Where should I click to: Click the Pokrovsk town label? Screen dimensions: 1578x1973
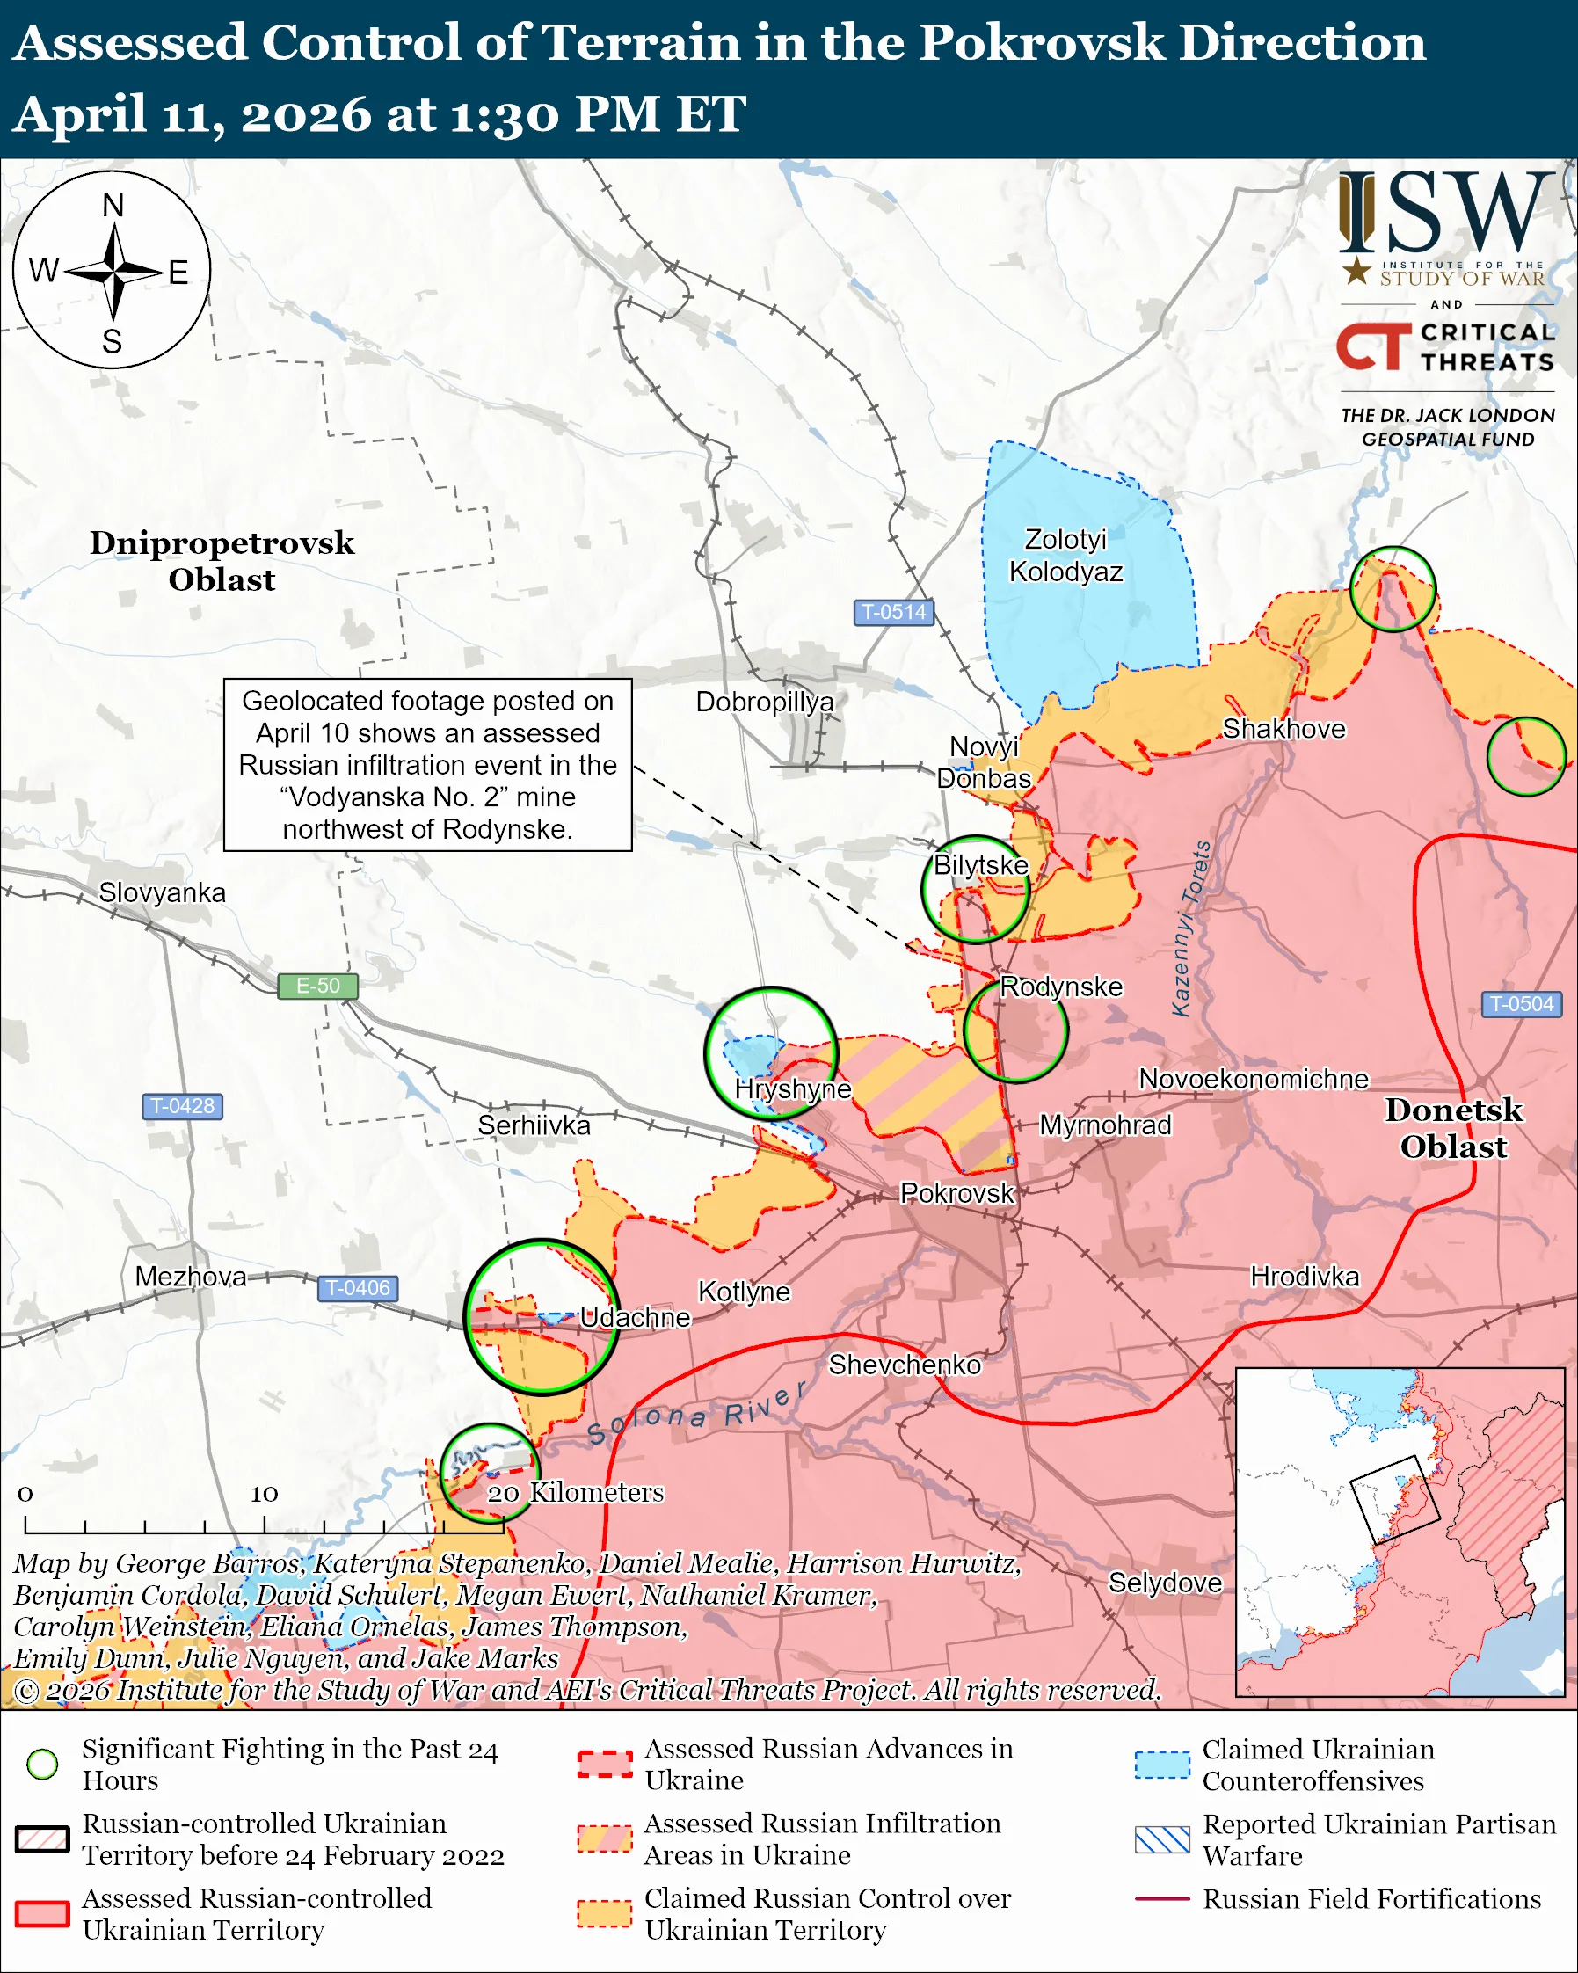(x=956, y=1193)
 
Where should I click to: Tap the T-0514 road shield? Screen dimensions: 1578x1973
(x=893, y=612)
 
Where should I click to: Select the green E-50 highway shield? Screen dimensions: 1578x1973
(x=317, y=986)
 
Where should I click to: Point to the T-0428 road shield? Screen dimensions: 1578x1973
(x=182, y=1105)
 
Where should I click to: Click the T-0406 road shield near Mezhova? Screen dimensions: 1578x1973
(x=358, y=1287)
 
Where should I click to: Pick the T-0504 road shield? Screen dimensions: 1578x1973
(x=1521, y=1004)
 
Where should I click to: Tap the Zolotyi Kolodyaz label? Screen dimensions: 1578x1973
(x=1065, y=556)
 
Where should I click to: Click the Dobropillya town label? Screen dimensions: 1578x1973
(x=765, y=702)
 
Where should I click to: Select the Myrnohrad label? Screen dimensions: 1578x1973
(x=1105, y=1125)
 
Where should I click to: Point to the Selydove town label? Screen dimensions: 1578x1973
(x=1165, y=1583)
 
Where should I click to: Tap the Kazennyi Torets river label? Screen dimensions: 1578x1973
(x=1192, y=928)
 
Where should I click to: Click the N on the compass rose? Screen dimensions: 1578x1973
(x=113, y=205)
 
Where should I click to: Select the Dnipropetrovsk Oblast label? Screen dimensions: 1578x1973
(x=222, y=561)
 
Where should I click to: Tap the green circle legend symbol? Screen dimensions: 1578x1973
(x=42, y=1764)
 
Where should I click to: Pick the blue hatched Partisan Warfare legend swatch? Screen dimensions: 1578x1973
(x=1162, y=1839)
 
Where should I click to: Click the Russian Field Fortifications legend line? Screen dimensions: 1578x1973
(x=1162, y=1899)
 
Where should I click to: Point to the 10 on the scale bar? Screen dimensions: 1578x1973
(x=265, y=1494)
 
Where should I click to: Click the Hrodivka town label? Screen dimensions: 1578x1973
(x=1305, y=1277)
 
